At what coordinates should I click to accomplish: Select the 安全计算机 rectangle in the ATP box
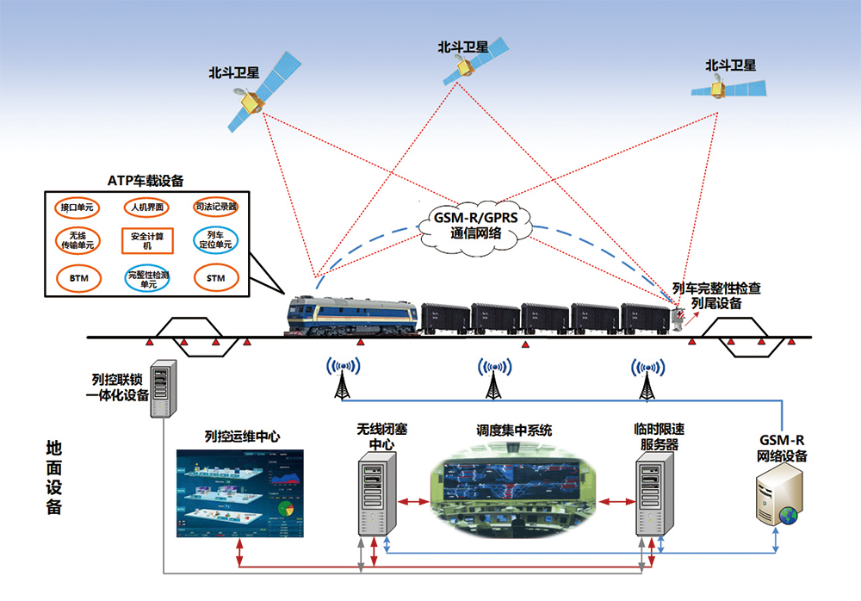point(147,239)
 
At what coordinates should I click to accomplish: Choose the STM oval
point(215,278)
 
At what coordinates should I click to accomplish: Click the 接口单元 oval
point(77,208)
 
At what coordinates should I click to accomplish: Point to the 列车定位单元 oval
point(215,239)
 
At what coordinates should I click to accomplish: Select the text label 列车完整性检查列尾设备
point(716,294)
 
